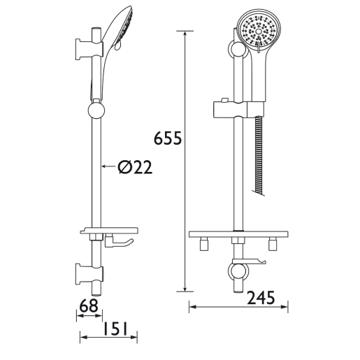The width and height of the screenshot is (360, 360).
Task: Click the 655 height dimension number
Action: pos(168,138)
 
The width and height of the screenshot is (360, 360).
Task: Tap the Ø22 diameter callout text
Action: pos(135,167)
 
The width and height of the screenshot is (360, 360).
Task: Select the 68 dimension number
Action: pos(89,305)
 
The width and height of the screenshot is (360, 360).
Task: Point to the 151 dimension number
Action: pos(115,329)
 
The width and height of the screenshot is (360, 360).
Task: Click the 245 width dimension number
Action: pos(261,298)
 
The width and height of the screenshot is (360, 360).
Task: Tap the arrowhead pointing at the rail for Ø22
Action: pos(104,166)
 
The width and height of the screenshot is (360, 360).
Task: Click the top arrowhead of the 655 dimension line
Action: pos(185,34)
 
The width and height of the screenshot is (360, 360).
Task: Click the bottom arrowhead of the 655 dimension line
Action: pos(185,289)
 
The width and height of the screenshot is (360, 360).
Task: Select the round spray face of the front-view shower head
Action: pos(259,31)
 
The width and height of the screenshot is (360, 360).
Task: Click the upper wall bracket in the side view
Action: pos(89,50)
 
